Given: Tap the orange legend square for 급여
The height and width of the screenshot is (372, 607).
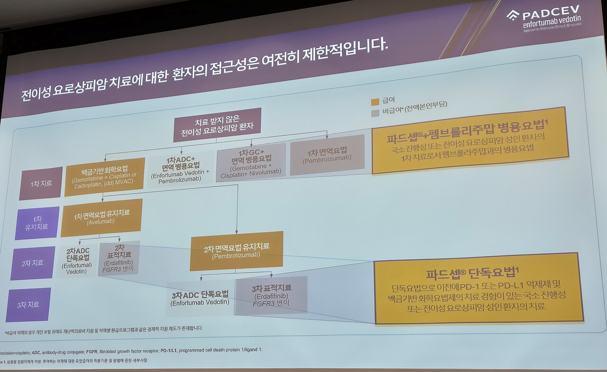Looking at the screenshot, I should click(x=375, y=102).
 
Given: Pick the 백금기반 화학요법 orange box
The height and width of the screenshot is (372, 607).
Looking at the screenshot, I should click(x=104, y=177).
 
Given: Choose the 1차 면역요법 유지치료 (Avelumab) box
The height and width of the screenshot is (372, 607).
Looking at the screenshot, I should click(x=101, y=218).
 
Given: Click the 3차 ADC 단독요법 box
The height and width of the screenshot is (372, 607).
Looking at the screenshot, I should click(x=200, y=298).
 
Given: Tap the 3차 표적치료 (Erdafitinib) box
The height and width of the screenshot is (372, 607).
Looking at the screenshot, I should click(x=271, y=295).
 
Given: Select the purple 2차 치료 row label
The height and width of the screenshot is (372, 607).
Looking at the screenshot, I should click(x=33, y=263).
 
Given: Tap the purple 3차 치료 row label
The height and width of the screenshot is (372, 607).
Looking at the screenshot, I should click(x=29, y=305).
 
